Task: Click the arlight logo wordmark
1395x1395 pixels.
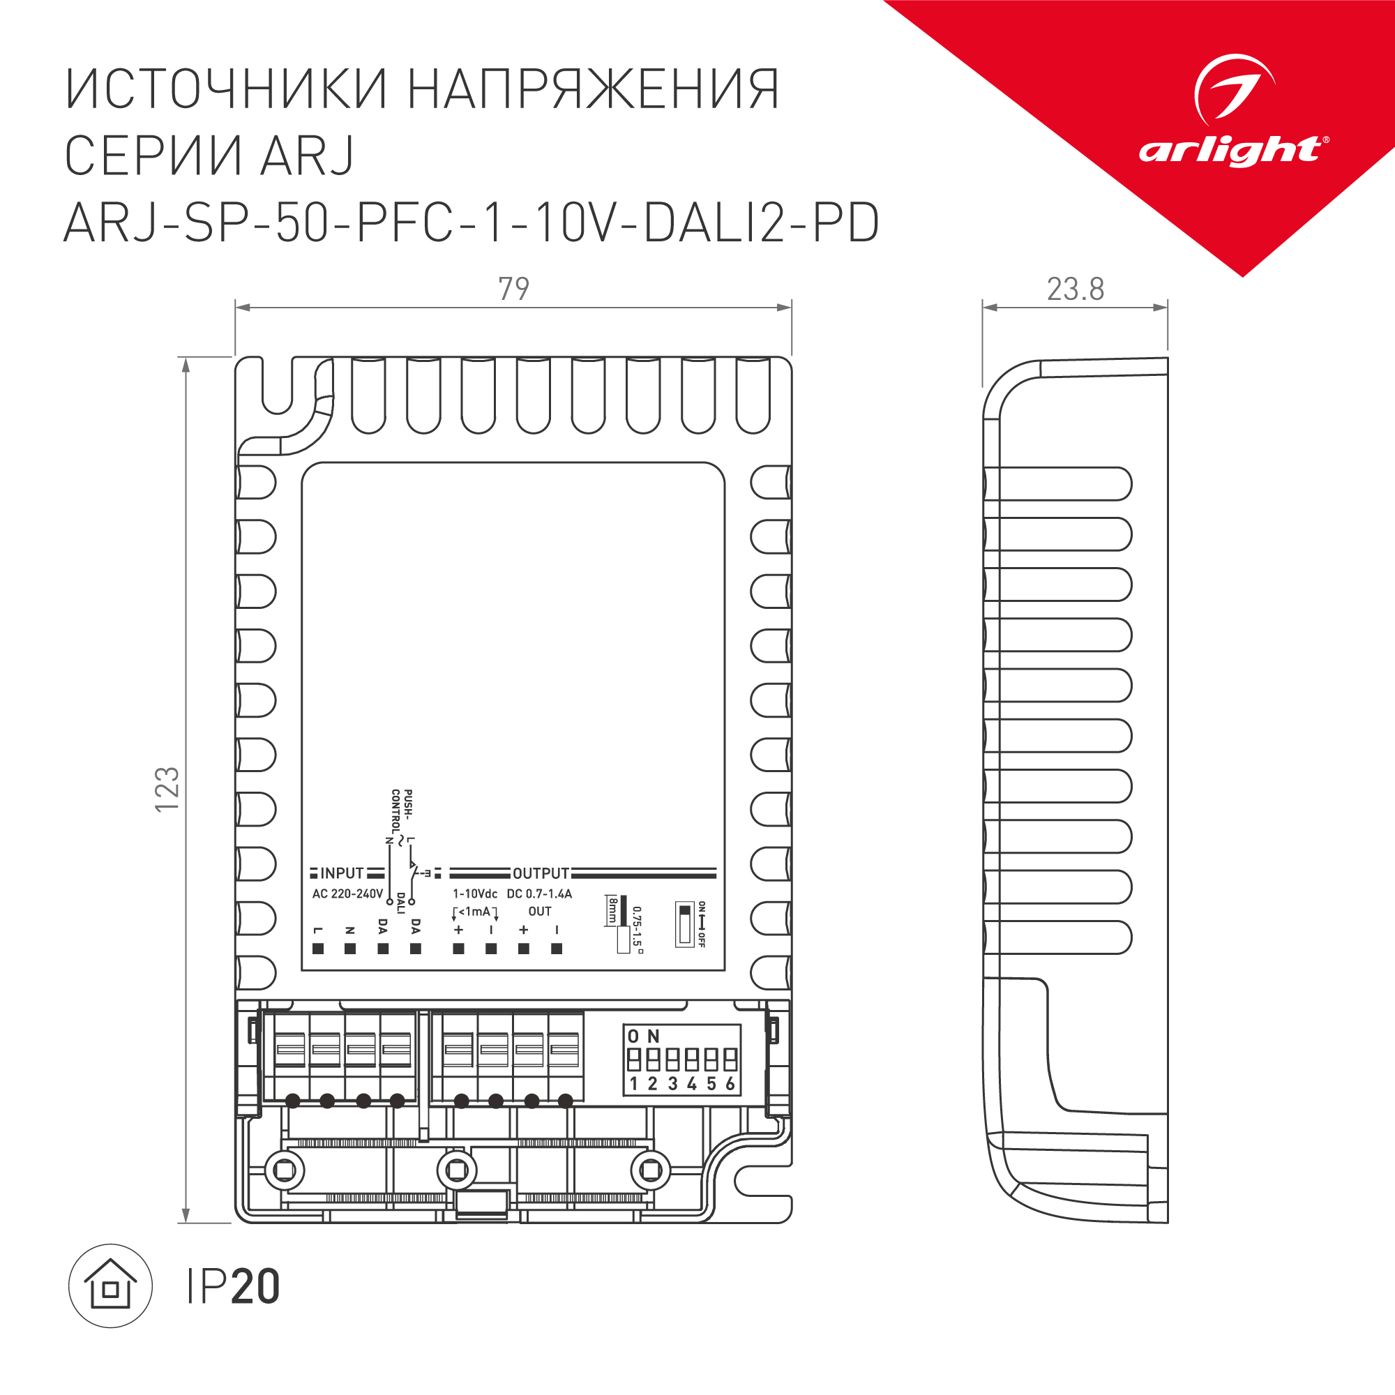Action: click(1232, 151)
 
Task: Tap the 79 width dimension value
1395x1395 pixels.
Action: click(513, 289)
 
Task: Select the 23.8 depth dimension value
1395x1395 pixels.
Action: click(1075, 289)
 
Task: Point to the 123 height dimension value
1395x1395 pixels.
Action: click(167, 789)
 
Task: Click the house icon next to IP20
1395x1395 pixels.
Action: click(110, 1286)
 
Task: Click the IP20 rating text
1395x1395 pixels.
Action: click(232, 1287)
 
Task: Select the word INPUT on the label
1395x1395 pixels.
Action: click(342, 874)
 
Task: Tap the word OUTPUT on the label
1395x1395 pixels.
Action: click(541, 874)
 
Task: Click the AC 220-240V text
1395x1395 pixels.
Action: click(347, 894)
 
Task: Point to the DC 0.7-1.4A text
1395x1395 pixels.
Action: click(539, 894)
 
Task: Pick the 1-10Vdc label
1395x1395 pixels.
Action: click(475, 894)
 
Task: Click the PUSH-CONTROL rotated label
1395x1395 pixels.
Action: click(402, 812)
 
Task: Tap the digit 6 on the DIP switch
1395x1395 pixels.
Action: click(730, 1084)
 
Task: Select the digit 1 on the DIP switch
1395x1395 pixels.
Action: click(633, 1084)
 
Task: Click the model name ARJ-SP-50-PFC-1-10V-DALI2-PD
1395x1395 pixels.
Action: click(472, 223)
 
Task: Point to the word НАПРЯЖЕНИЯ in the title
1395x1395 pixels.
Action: click(594, 89)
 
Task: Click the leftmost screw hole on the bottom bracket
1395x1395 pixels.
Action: click(285, 1170)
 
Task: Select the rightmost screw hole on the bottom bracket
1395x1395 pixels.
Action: click(651, 1170)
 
